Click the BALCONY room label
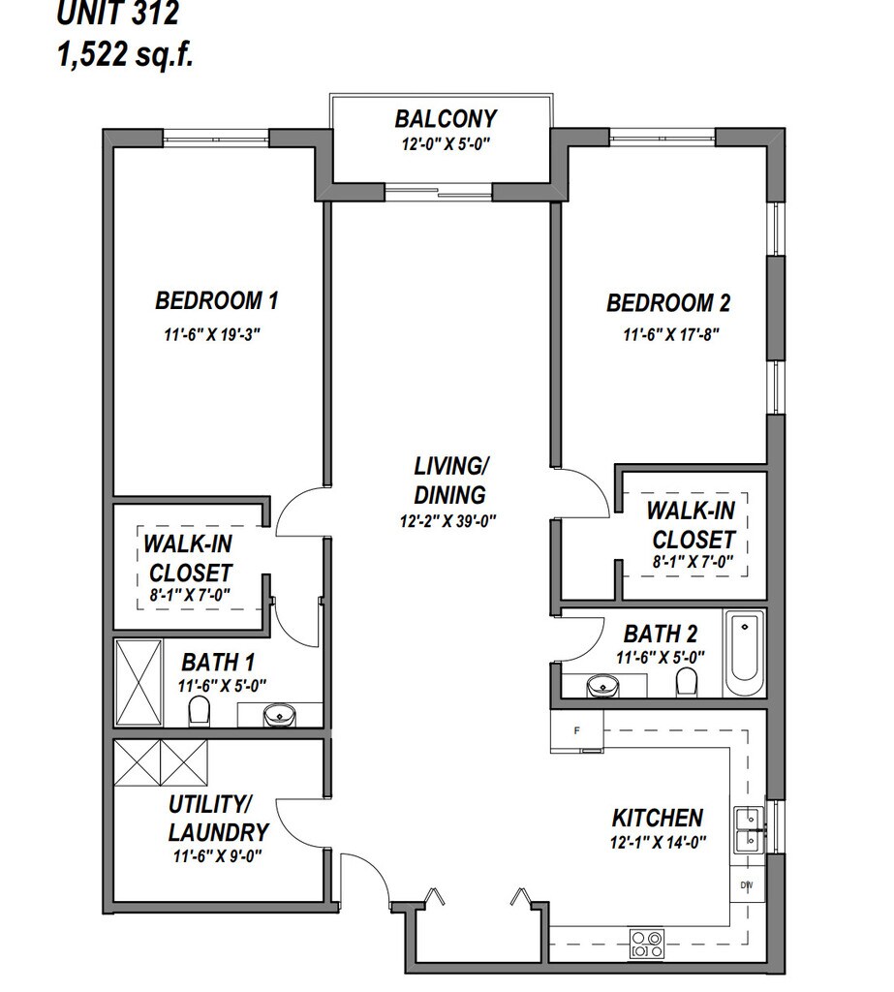pyautogui.click(x=447, y=119)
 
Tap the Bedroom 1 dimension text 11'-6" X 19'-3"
pyautogui.click(x=212, y=334)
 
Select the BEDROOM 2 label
pyautogui.click(x=668, y=303)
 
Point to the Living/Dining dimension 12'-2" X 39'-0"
pyautogui.click(x=447, y=521)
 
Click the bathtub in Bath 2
pyautogui.click(x=744, y=653)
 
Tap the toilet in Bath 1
pyautogui.click(x=199, y=711)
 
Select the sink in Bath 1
pyautogui.click(x=279, y=716)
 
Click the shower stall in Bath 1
pyautogui.click(x=139, y=683)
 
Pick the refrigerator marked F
pyautogui.click(x=576, y=730)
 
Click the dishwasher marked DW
pyautogui.click(x=747, y=885)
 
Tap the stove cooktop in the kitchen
pyautogui.click(x=647, y=944)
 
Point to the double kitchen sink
pyautogui.click(x=749, y=830)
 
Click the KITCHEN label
pyautogui.click(x=658, y=818)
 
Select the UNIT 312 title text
pyautogui.click(x=117, y=14)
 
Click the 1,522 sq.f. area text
pyautogui.click(x=125, y=54)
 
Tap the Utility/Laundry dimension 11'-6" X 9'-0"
pyautogui.click(x=218, y=856)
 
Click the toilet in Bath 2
pyautogui.click(x=687, y=682)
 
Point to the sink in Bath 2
pyautogui.click(x=602, y=686)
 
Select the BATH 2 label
pyautogui.click(x=661, y=634)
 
